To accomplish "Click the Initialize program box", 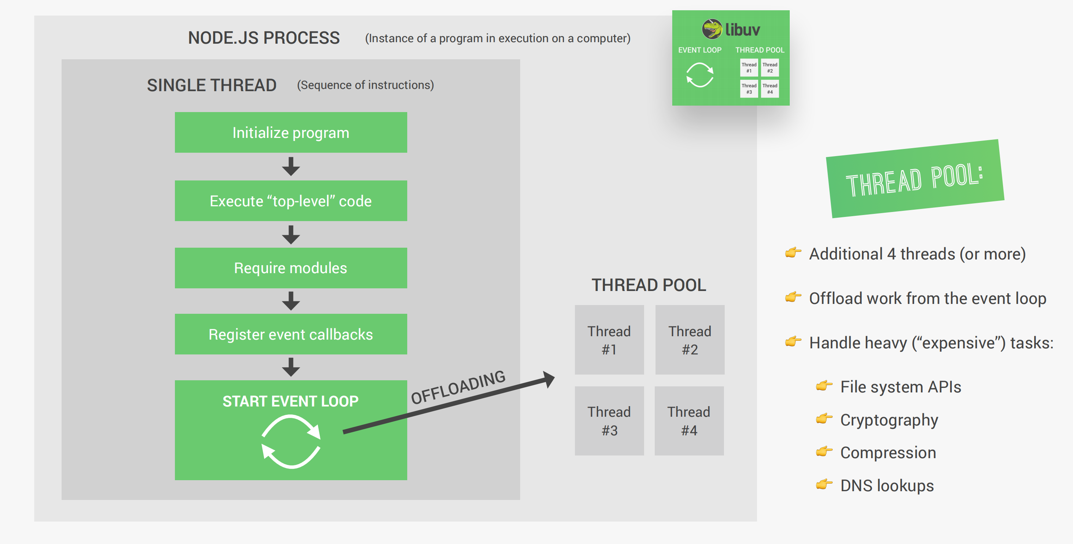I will tap(291, 132).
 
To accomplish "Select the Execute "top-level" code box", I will tap(291, 201).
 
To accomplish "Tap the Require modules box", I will tap(291, 268).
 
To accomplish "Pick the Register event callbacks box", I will tap(291, 334).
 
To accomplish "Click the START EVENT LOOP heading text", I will tap(290, 401).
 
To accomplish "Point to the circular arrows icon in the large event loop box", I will tap(291, 442).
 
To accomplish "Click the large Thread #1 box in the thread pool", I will tap(609, 340).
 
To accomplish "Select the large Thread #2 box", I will tap(690, 340).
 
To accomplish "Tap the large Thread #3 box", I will tap(609, 421).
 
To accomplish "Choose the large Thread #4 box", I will tap(689, 421).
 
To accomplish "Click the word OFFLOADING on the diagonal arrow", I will tap(458, 387).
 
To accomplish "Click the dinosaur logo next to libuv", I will tap(712, 29).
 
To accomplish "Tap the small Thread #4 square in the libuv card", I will tap(770, 89).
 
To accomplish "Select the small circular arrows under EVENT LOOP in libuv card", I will tap(700, 75).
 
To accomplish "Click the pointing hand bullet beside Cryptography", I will tap(824, 418).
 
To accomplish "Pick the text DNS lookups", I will tap(887, 486).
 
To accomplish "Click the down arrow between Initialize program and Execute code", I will tap(291, 166).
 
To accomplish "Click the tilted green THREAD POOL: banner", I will tap(915, 179).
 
